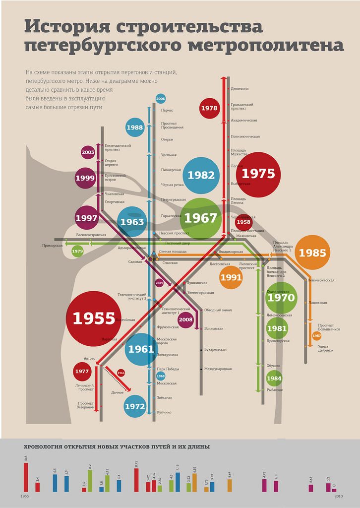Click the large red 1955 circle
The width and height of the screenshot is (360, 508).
[93, 318]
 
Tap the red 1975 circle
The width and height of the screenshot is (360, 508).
[258, 174]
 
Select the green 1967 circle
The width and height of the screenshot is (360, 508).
[201, 218]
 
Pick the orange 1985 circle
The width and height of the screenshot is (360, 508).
[312, 253]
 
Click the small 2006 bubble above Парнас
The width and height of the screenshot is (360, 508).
[161, 99]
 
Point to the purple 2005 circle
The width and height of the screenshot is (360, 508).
[88, 152]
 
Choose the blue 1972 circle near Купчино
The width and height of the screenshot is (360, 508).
[135, 406]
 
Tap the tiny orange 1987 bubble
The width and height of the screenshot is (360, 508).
[317, 336]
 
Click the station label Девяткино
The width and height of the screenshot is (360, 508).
[240, 89]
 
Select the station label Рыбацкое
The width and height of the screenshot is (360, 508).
[275, 390]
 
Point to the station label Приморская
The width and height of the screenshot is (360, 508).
[53, 245]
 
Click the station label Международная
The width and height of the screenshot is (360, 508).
[218, 369]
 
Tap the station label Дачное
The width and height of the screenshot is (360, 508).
[118, 392]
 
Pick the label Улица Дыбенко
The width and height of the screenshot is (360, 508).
[326, 348]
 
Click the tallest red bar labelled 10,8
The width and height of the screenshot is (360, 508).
[26, 477]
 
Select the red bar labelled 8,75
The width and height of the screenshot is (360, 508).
[136, 480]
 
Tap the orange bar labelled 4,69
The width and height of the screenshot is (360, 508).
[230, 485]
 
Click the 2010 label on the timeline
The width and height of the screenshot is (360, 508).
[338, 496]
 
